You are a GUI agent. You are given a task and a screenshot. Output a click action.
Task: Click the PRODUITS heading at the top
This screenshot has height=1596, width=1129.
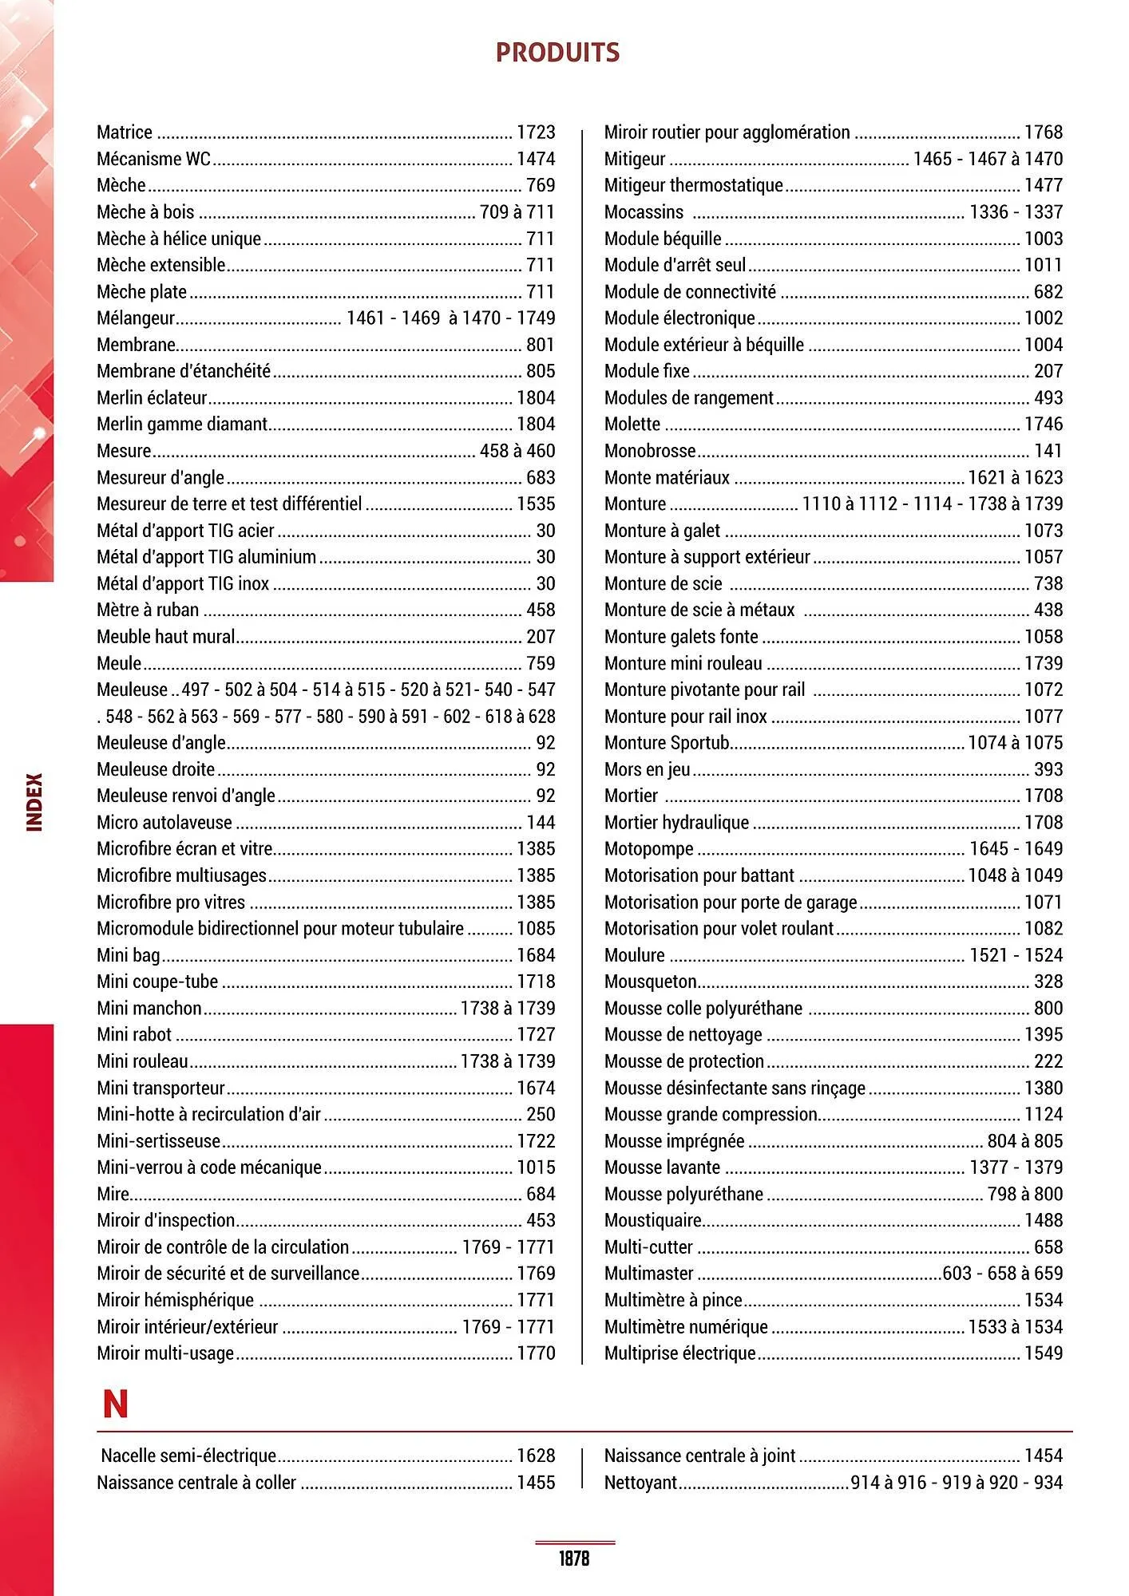[x=557, y=53]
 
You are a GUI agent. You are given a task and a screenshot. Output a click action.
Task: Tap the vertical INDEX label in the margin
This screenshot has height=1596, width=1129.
[x=35, y=801]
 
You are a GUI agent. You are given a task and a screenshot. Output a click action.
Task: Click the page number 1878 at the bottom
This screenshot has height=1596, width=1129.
[x=574, y=1558]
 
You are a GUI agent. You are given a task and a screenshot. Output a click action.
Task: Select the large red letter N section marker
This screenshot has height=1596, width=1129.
[x=116, y=1404]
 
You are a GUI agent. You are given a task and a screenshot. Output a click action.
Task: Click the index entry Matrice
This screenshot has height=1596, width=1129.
[x=125, y=132]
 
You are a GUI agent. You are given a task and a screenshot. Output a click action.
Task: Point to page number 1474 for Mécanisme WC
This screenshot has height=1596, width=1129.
[x=536, y=159]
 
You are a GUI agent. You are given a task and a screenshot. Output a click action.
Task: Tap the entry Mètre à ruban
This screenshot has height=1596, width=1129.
[x=148, y=610]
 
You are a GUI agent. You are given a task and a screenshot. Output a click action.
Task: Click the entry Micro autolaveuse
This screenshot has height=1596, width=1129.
[x=164, y=823]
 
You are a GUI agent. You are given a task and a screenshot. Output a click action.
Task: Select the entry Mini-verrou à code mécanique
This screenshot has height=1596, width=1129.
[x=209, y=1167]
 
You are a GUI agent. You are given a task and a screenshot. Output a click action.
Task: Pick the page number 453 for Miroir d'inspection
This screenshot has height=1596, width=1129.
[x=541, y=1220]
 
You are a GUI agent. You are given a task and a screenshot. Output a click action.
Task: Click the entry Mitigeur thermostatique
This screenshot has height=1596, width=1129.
[x=694, y=185]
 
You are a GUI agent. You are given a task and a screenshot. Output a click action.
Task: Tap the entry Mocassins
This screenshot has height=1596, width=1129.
[x=644, y=212]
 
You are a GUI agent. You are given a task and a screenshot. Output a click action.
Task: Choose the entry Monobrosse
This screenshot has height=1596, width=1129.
[x=650, y=451]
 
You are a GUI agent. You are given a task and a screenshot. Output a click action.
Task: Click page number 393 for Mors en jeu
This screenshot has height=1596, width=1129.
[x=1048, y=769]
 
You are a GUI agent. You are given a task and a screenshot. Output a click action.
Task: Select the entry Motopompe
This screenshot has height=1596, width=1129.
[x=649, y=849]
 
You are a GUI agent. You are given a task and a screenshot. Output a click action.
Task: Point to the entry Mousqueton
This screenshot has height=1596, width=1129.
[x=651, y=982]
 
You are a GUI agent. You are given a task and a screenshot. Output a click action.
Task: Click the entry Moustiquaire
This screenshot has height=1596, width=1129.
[x=653, y=1220]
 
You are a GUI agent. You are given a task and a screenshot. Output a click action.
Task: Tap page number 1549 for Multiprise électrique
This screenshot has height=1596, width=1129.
[x=1044, y=1353]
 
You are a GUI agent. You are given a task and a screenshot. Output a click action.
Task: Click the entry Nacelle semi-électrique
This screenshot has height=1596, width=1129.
[x=189, y=1456]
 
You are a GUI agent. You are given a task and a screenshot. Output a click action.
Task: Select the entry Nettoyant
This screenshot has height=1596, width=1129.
[x=641, y=1483]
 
